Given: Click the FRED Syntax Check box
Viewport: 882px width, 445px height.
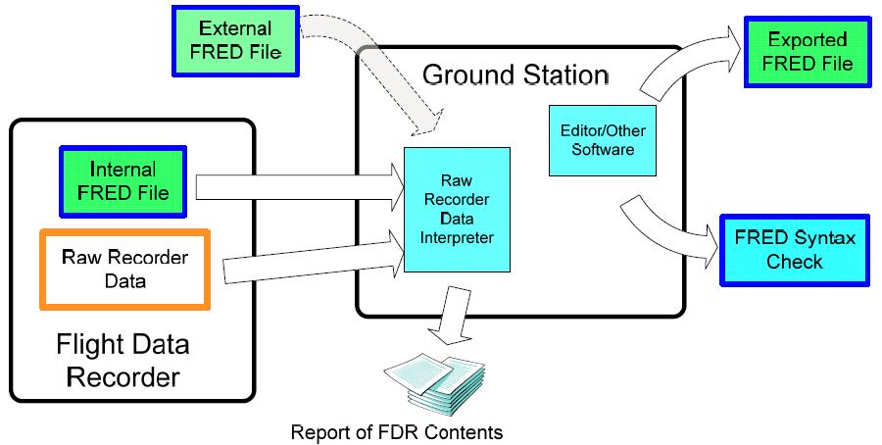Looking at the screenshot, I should tap(795, 250).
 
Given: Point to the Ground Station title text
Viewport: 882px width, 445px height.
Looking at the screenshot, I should tap(515, 74).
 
